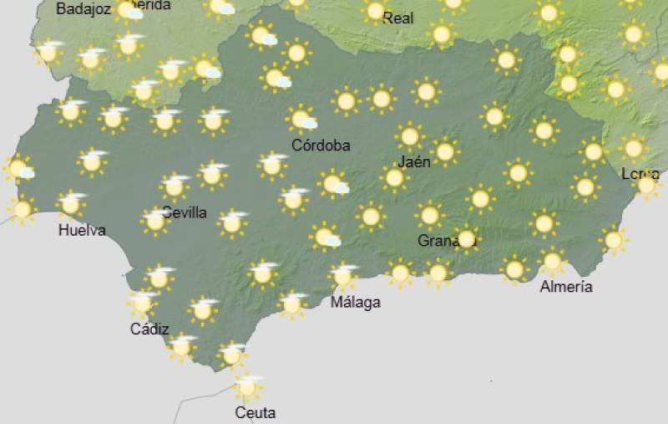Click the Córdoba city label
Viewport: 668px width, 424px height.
tap(321, 146)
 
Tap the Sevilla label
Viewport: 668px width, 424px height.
tap(185, 212)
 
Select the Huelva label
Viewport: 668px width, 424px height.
tap(82, 230)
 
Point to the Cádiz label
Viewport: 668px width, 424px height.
tap(149, 329)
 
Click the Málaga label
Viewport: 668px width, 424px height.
tap(356, 302)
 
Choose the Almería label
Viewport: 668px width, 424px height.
tap(566, 287)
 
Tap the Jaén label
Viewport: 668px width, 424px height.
tap(415, 161)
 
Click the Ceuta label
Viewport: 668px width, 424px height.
tap(256, 412)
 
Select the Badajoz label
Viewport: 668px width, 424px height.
tap(83, 9)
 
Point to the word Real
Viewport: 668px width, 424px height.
tap(398, 18)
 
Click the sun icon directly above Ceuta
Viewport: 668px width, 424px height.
tap(246, 387)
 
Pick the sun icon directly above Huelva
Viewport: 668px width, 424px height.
tap(71, 203)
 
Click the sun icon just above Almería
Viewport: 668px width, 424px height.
tap(551, 262)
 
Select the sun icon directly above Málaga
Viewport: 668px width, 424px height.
tap(342, 275)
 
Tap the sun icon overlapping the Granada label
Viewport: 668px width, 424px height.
tap(466, 239)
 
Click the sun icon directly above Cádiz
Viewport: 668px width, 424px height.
tap(143, 303)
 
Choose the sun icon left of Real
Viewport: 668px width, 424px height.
tap(375, 11)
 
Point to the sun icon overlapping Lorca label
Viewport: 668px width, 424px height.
tap(647, 185)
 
